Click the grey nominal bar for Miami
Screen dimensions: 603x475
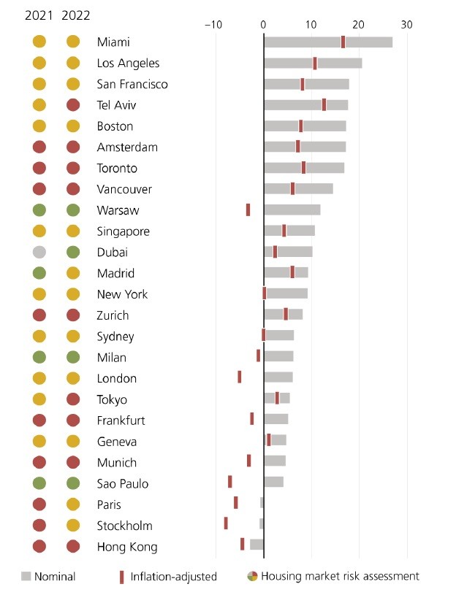pos(327,42)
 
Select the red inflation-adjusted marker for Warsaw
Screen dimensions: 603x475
pos(248,210)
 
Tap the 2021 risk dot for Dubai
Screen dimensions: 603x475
pos(39,253)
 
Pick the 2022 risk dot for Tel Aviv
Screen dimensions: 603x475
pos(73,105)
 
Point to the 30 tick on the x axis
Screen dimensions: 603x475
pos(407,24)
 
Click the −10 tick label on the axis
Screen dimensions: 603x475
pos(213,24)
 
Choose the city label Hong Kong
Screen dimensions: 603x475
pos(127,547)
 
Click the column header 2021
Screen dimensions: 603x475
pos(39,15)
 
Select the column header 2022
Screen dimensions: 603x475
pos(76,15)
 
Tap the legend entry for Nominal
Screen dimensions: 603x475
pos(48,577)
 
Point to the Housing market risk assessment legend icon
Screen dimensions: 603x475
pos(252,576)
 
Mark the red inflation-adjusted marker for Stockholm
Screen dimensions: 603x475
pos(226,523)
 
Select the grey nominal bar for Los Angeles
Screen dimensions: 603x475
pos(313,64)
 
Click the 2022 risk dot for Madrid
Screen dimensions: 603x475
pos(73,274)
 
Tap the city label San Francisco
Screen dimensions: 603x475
pos(132,84)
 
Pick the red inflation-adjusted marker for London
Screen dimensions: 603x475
pos(239,377)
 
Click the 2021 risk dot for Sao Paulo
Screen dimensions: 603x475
pos(39,483)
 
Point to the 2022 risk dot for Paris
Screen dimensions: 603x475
pos(73,504)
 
